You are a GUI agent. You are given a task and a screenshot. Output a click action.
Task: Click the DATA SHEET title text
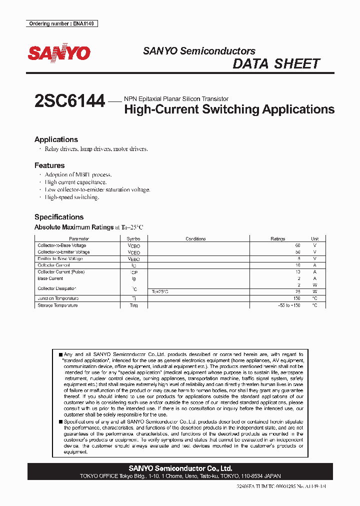tap(276, 64)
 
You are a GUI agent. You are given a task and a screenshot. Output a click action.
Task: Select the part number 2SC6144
tap(70, 101)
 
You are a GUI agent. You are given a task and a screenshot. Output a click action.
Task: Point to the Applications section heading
tap(56, 139)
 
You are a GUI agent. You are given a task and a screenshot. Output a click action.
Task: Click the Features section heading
tap(49, 165)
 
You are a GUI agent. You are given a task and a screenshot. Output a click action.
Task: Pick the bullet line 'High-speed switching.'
tap(72, 197)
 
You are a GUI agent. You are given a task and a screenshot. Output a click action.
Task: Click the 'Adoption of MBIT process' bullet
tap(78, 175)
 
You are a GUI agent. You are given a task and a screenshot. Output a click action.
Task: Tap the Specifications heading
tap(59, 217)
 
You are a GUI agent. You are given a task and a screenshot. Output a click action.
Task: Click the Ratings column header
tap(278, 239)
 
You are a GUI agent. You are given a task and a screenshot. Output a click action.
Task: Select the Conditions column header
tap(195, 239)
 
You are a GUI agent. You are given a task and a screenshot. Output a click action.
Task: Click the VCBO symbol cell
tap(134, 246)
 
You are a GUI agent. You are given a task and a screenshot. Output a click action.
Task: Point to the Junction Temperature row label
tap(58, 298)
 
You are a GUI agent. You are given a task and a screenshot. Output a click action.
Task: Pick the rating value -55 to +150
tap(289, 305)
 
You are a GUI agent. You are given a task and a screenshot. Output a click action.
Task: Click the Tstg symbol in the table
tap(133, 305)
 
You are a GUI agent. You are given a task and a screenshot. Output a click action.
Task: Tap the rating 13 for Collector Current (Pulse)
tap(297, 272)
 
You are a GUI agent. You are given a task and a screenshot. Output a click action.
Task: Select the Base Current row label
tap(50, 278)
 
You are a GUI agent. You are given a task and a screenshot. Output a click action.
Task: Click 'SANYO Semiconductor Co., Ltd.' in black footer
tap(180, 468)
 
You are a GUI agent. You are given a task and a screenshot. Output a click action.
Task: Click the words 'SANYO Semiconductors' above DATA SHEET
tap(199, 51)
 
